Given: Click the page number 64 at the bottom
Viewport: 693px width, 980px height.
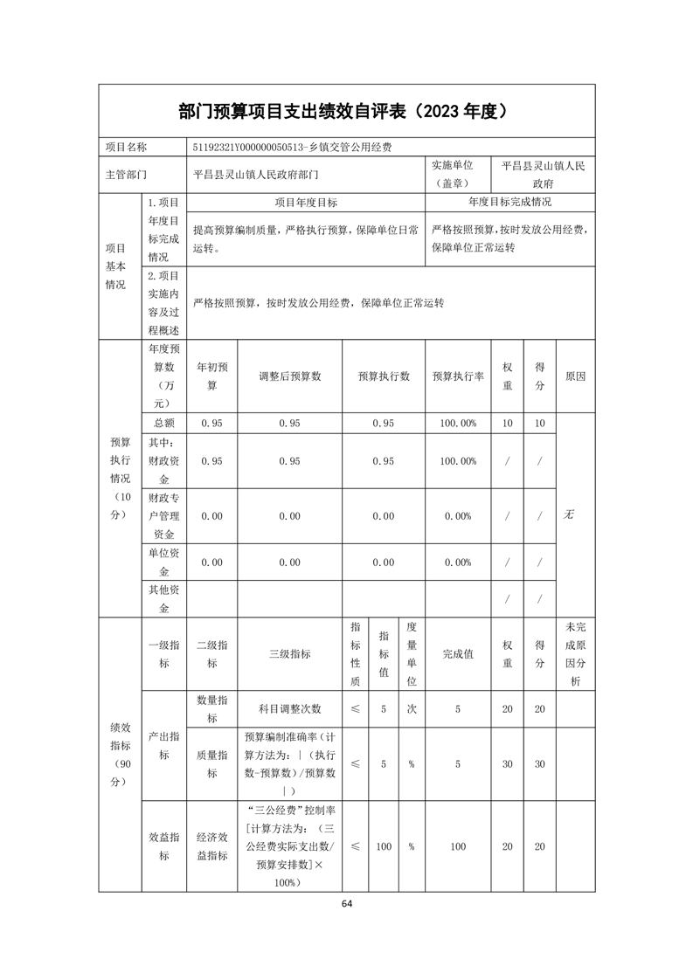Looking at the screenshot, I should tap(347, 902).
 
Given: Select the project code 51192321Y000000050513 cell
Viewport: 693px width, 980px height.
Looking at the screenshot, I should tap(292, 148).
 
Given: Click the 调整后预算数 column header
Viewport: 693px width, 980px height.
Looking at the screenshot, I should tap(289, 376).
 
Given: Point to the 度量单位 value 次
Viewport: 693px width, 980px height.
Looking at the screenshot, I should tap(411, 708).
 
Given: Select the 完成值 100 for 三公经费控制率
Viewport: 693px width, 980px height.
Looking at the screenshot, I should tap(458, 846).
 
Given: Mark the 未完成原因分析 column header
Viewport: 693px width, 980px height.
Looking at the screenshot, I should tap(574, 653).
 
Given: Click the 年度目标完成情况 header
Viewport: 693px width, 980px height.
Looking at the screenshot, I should tap(509, 202).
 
